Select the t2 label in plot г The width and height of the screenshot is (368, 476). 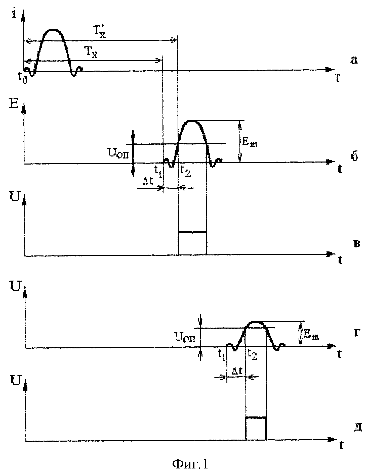point(252,354)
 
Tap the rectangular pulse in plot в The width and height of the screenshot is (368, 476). point(192,232)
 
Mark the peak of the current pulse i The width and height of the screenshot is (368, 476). point(53,30)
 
